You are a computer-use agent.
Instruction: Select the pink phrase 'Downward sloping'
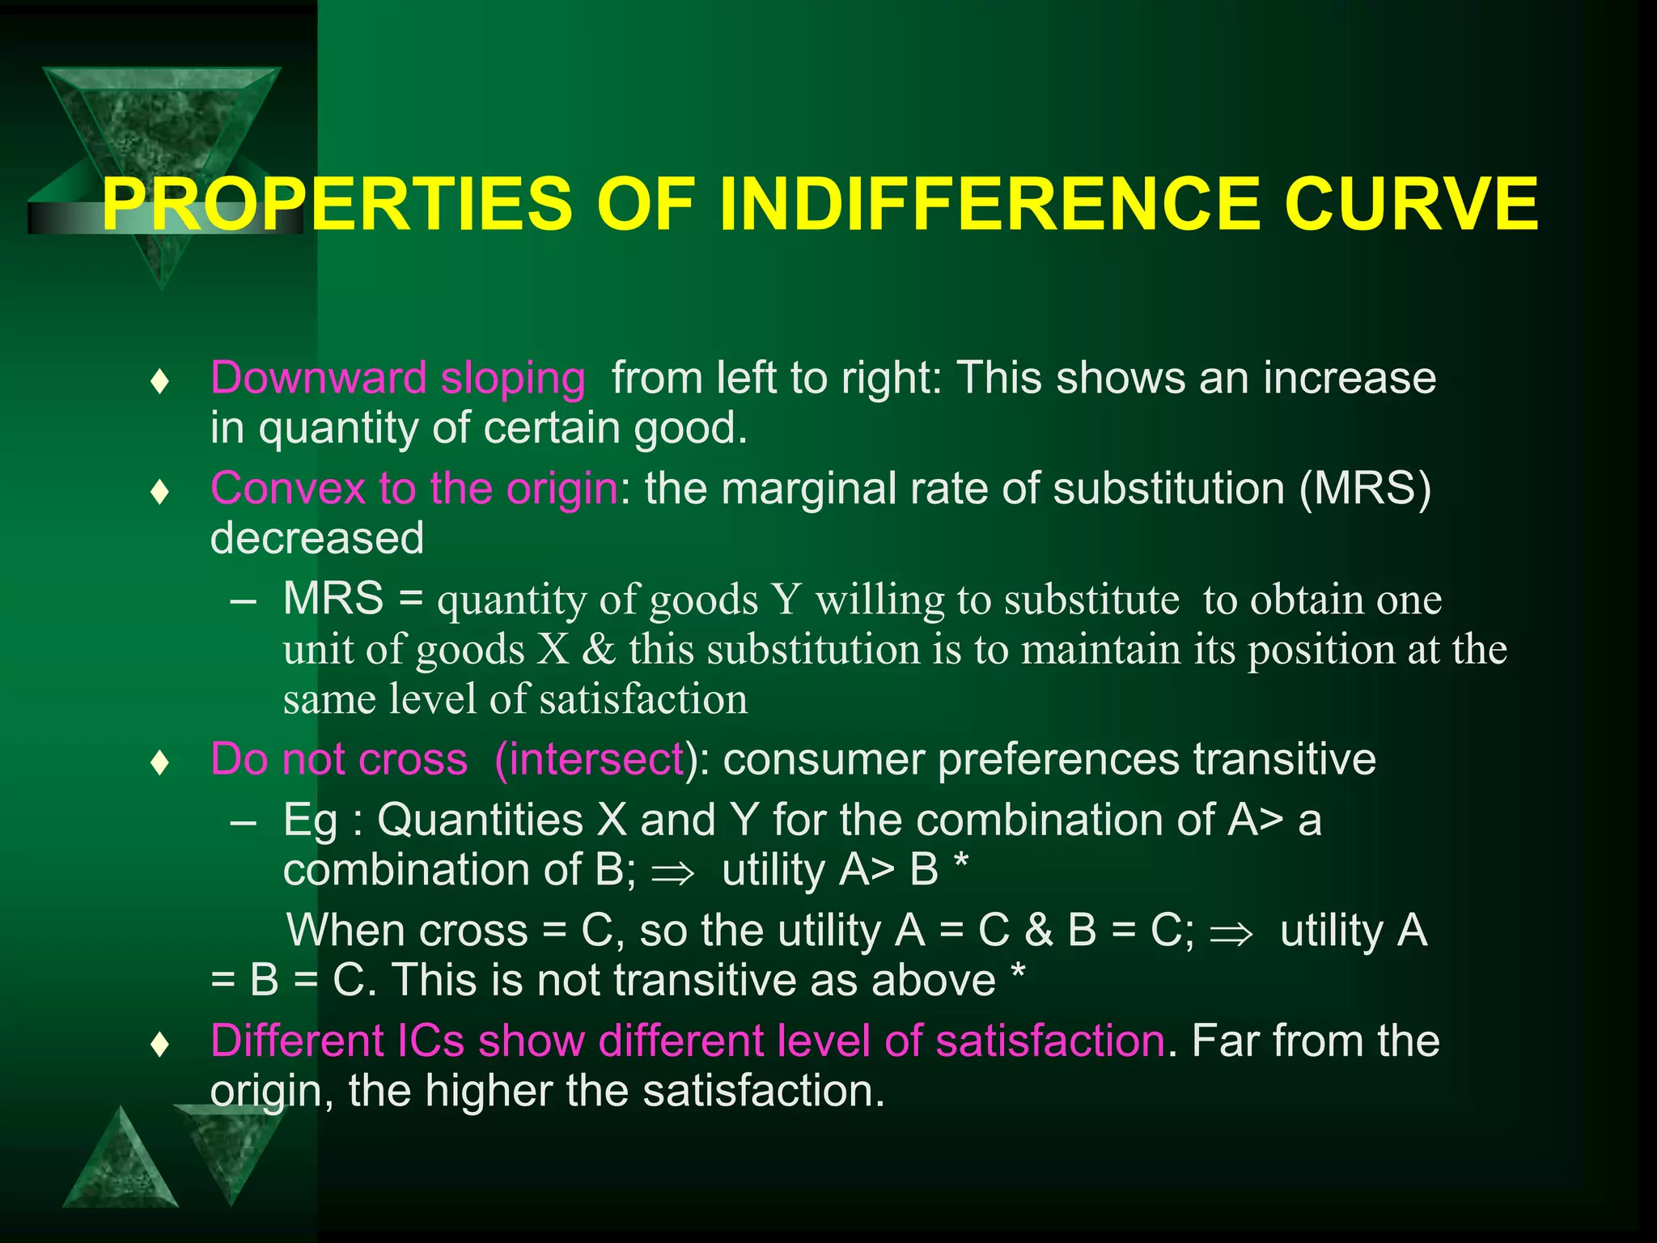pyautogui.click(x=397, y=378)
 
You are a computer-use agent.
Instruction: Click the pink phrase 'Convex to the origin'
pyautogui.click(x=413, y=489)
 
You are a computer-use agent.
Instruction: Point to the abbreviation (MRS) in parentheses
pyautogui.click(x=1365, y=489)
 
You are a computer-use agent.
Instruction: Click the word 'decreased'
pyautogui.click(x=317, y=538)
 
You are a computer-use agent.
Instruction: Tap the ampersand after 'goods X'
pyautogui.click(x=599, y=649)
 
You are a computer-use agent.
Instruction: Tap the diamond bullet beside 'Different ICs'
pyautogui.click(x=160, y=1045)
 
